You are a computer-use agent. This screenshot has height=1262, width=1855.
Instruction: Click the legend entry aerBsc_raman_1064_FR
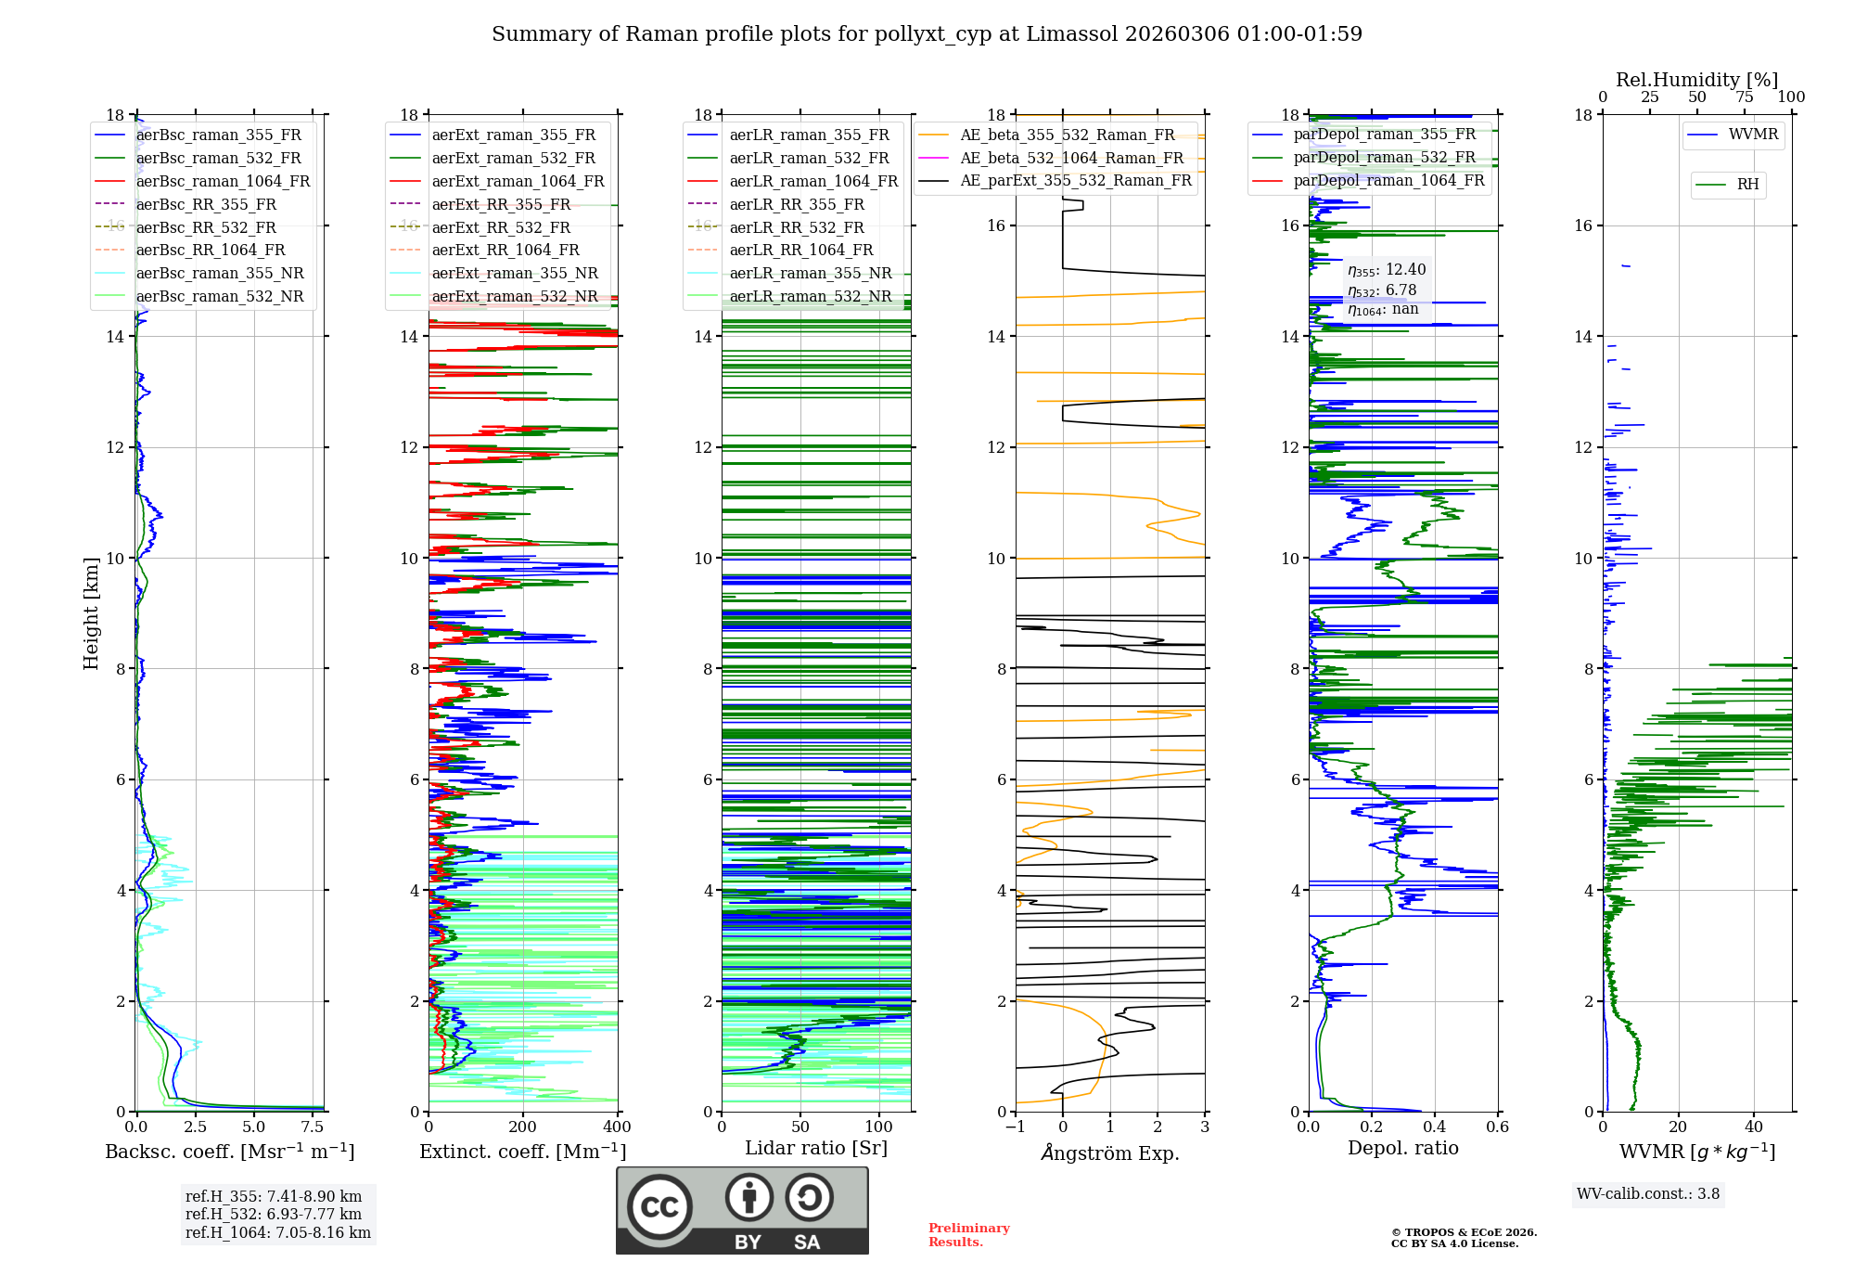point(223,181)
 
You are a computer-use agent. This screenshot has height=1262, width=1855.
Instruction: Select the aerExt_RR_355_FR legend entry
point(501,204)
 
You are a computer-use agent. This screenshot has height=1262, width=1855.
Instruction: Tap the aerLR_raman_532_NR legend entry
point(810,296)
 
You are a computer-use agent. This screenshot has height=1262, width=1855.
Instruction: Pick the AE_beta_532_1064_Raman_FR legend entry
point(1071,158)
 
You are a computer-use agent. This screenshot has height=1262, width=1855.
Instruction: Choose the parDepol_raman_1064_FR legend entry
point(1388,180)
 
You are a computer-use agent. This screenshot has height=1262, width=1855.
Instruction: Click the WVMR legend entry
point(1753,135)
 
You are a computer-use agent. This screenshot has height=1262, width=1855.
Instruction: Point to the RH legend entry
point(1747,185)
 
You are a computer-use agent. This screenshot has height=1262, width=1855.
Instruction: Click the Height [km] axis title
point(91,612)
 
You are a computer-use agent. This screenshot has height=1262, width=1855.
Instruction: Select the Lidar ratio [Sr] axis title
point(816,1148)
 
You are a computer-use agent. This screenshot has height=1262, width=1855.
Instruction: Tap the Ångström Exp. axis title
point(1110,1153)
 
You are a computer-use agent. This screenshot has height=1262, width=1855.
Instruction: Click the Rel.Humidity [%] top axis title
point(1696,80)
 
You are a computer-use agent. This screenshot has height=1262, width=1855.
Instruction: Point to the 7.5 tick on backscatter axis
point(313,1127)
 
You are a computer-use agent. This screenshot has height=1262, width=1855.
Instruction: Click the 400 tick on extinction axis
point(617,1127)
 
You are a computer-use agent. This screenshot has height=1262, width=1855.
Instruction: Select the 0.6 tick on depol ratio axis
point(1497,1127)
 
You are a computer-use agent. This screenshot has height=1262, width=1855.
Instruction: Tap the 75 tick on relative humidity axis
point(1744,97)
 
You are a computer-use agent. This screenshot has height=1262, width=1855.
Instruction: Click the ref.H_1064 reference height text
point(278,1232)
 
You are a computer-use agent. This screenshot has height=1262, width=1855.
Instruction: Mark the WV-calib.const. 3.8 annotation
point(1648,1193)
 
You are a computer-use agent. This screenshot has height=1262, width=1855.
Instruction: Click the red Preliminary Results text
point(968,1234)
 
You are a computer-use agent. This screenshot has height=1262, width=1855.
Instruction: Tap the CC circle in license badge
point(659,1206)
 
